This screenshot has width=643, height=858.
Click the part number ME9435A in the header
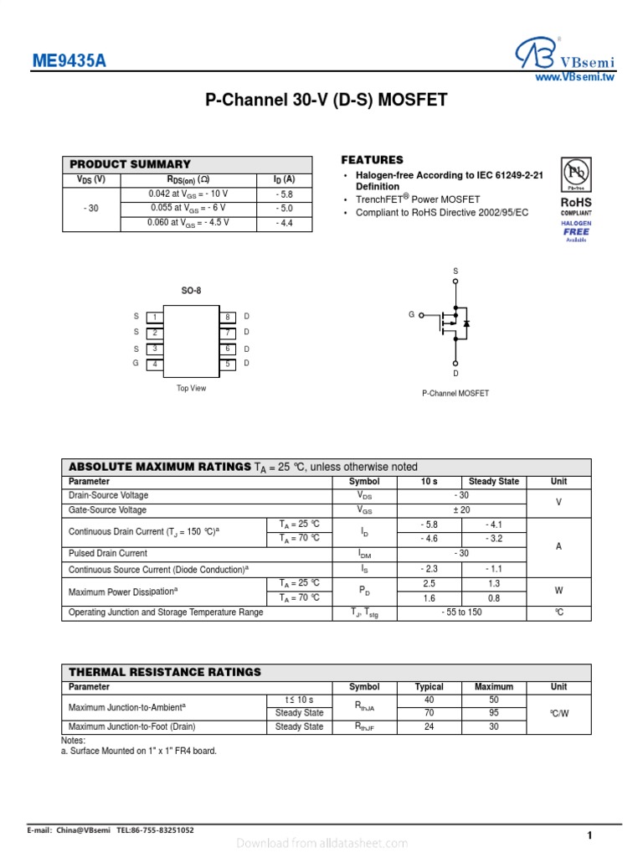pos(69,62)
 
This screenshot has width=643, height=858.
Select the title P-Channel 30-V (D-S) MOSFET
pos(327,101)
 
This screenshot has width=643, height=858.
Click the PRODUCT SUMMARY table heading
pos(130,164)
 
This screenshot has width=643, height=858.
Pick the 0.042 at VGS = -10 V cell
pos(188,194)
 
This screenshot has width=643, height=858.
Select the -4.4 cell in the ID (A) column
pos(285,224)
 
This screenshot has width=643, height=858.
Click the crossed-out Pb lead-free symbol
pos(575,173)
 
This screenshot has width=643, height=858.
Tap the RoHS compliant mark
pos(575,205)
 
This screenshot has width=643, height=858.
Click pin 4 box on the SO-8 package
pos(154,364)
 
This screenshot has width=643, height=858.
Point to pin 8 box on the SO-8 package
pos(227,317)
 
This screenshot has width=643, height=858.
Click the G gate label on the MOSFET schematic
pos(411,314)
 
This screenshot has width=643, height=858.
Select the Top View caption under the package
pos(191,389)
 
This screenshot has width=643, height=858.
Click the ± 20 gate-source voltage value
pos(460,509)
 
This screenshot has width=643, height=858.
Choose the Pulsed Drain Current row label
pos(108,553)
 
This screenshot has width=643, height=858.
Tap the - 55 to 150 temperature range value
pos(460,612)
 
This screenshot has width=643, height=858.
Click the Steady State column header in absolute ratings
pos(493,481)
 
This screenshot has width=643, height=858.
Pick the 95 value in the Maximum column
pos(493,713)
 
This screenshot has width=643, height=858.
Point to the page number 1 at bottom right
pos(589,835)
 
